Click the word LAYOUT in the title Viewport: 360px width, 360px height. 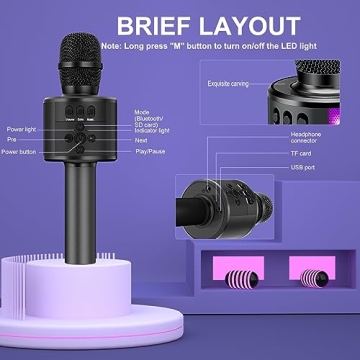pos(245,24)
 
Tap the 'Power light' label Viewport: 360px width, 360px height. pos(21,130)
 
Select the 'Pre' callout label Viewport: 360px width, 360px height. pos(12,141)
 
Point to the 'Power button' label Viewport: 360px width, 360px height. pos(23,152)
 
